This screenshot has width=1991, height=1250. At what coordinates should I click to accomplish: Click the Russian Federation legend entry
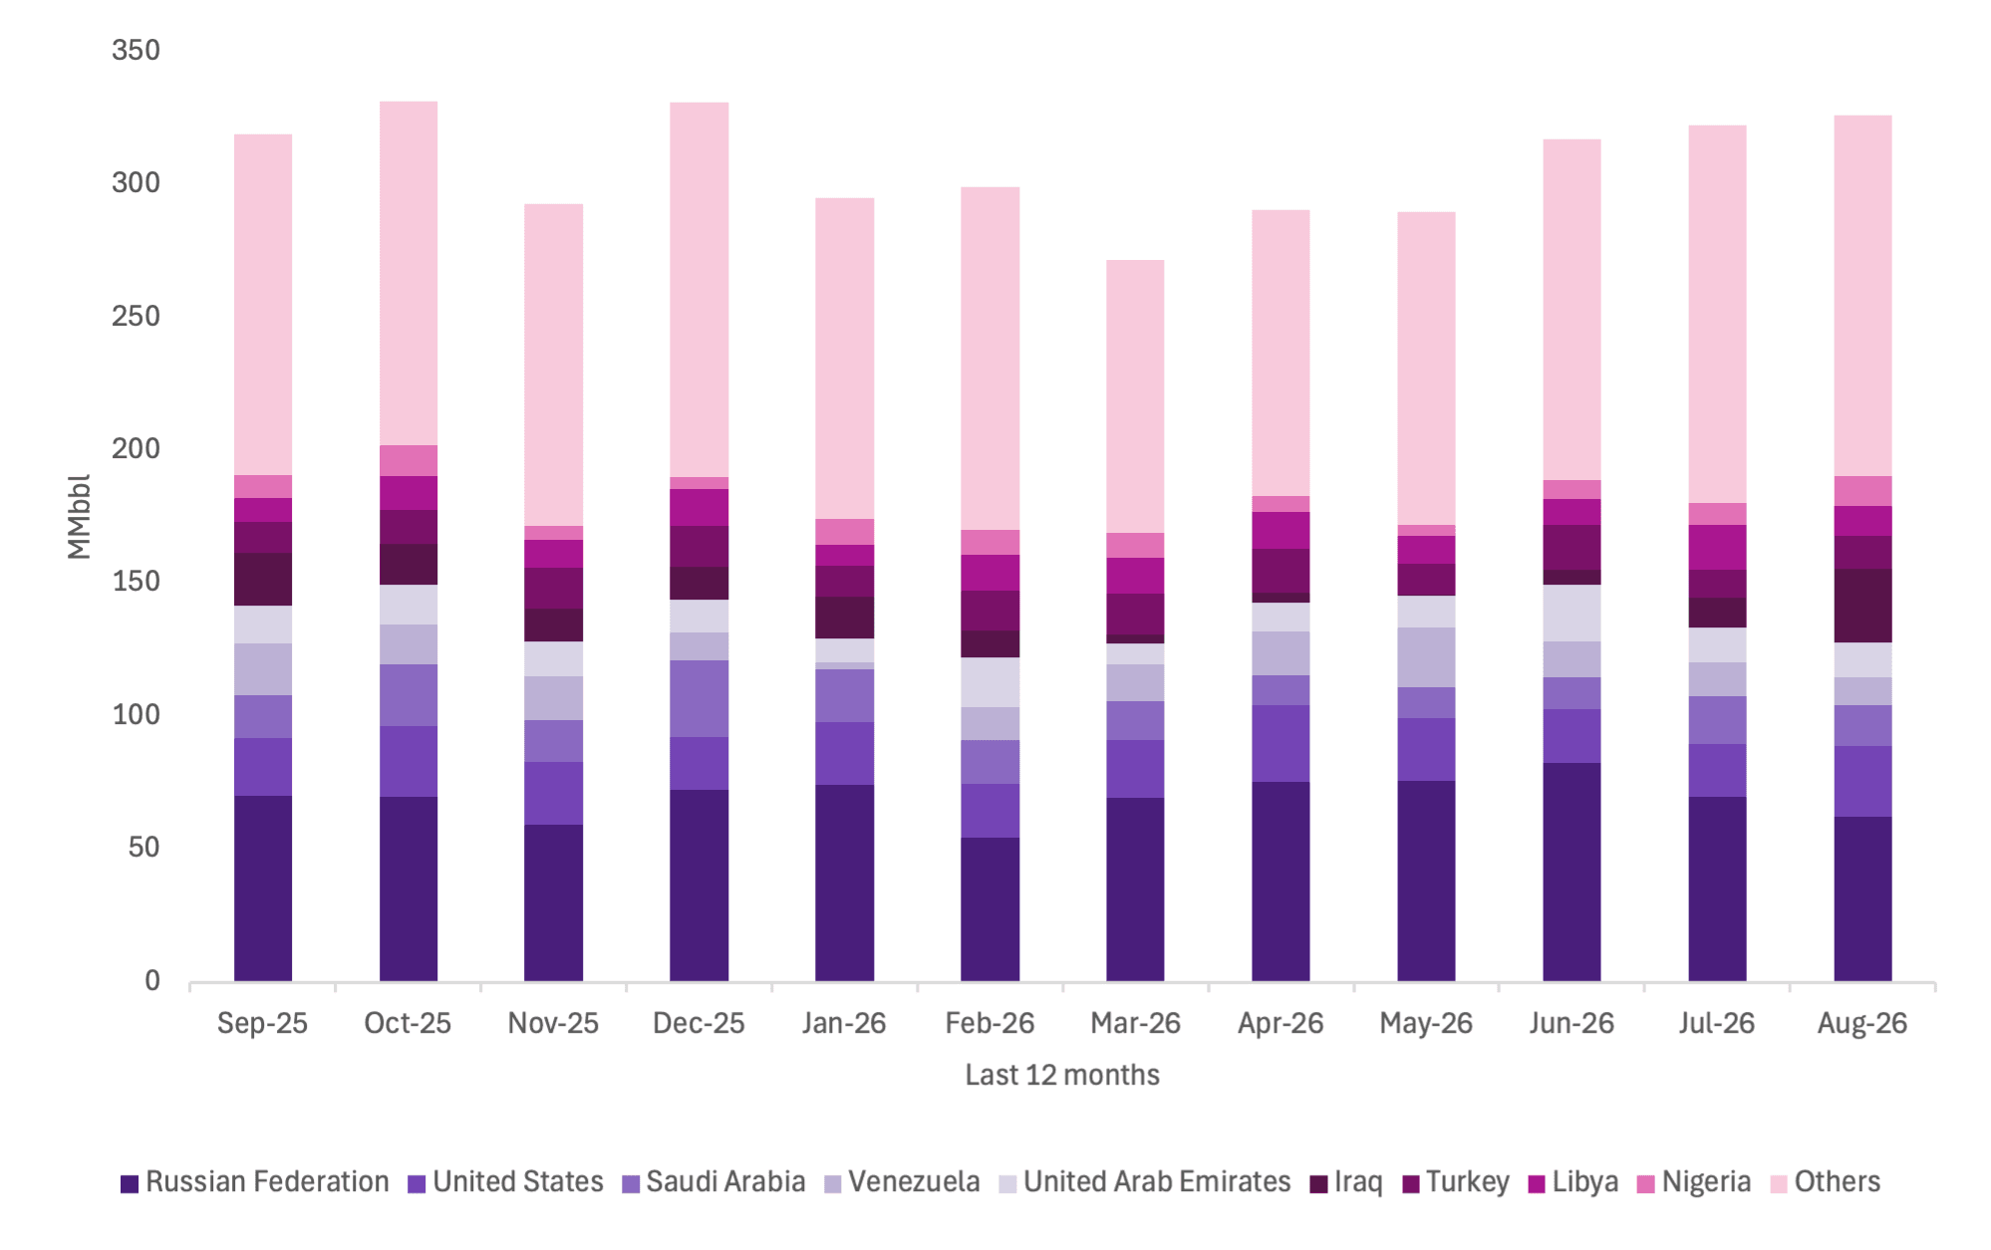(255, 1182)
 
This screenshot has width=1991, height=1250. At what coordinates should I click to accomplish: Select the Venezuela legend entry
(902, 1182)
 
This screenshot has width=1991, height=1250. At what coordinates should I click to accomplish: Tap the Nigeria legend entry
(1694, 1182)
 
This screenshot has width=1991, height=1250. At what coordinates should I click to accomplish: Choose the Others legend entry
(1826, 1182)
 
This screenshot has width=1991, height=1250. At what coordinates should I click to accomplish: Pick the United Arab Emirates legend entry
(1145, 1182)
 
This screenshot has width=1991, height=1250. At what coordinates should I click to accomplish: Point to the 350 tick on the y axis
(136, 50)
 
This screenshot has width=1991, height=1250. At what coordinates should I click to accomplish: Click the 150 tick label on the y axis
(136, 582)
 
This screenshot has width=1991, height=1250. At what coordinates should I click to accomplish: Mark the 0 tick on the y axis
(151, 981)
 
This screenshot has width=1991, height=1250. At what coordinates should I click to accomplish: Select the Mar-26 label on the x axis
(1135, 1024)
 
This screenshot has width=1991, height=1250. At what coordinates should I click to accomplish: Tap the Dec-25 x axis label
(699, 1024)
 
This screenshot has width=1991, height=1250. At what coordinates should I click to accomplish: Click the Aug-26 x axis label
(1862, 1024)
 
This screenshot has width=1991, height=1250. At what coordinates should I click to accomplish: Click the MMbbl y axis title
(79, 516)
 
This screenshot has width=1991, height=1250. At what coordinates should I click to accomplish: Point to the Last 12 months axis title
(1062, 1076)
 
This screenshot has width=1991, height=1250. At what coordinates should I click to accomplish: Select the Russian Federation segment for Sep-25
(263, 888)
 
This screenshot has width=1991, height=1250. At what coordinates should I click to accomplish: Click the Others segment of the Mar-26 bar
(1135, 396)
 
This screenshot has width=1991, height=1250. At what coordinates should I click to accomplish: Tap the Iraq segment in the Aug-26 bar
(1862, 606)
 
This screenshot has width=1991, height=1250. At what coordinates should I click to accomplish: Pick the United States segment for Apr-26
(1280, 744)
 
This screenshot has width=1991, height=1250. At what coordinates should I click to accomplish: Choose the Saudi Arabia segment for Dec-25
(699, 699)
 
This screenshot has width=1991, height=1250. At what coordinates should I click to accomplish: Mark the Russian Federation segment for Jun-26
(1571, 873)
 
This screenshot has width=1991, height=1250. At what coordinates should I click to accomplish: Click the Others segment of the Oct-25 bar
(409, 274)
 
